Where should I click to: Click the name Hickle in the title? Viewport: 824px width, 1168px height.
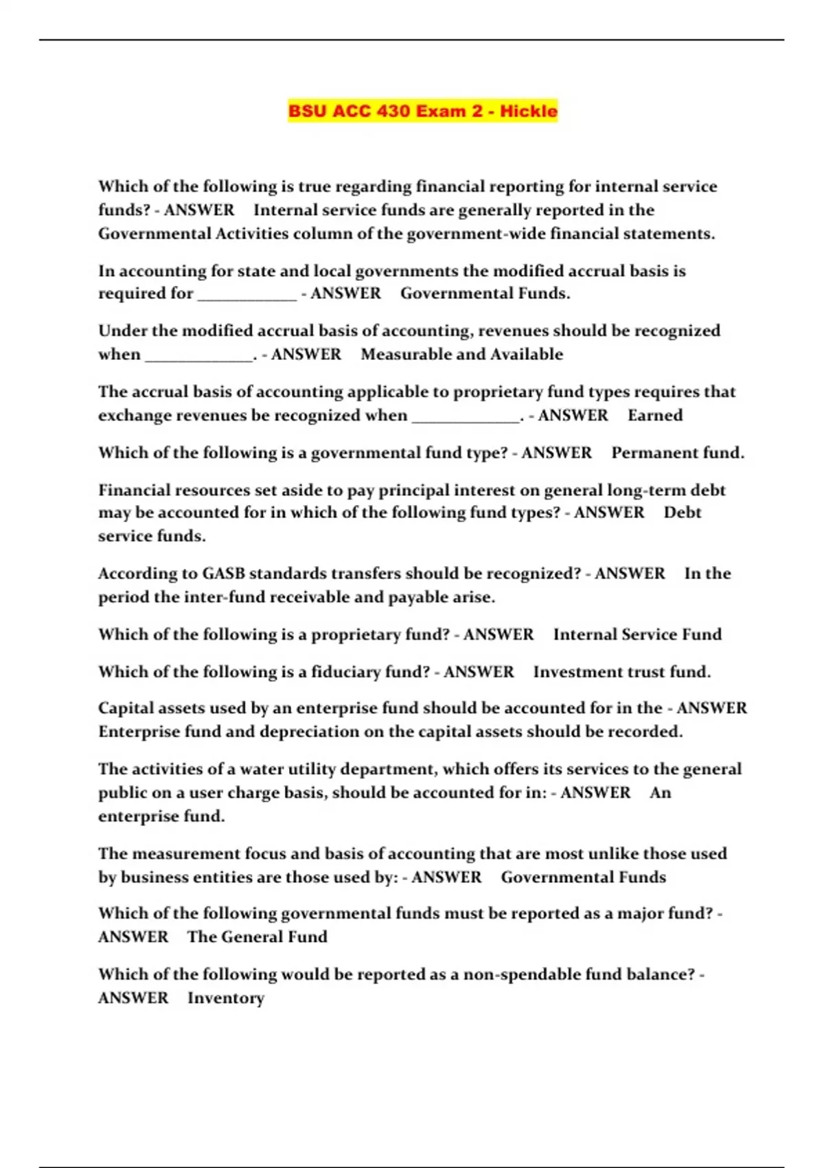point(528,111)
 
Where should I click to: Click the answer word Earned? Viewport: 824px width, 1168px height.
point(655,415)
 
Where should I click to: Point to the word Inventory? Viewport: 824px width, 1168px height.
point(226,998)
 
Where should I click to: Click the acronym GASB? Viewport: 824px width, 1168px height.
point(223,573)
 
